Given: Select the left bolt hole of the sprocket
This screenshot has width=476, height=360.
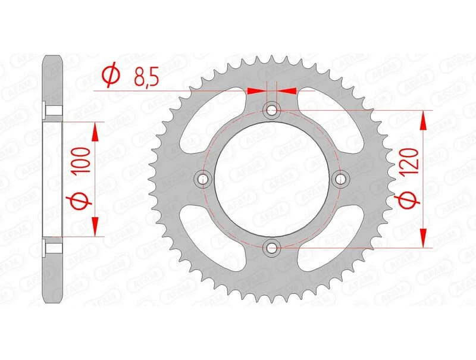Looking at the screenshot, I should click(x=203, y=179).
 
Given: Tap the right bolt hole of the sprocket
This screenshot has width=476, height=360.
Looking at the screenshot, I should click(x=341, y=179).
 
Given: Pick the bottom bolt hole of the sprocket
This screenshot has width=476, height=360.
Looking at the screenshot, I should click(x=272, y=247).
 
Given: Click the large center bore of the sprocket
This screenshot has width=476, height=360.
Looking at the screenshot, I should click(x=272, y=179).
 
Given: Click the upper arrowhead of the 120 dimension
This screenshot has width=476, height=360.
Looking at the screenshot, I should click(x=424, y=121).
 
